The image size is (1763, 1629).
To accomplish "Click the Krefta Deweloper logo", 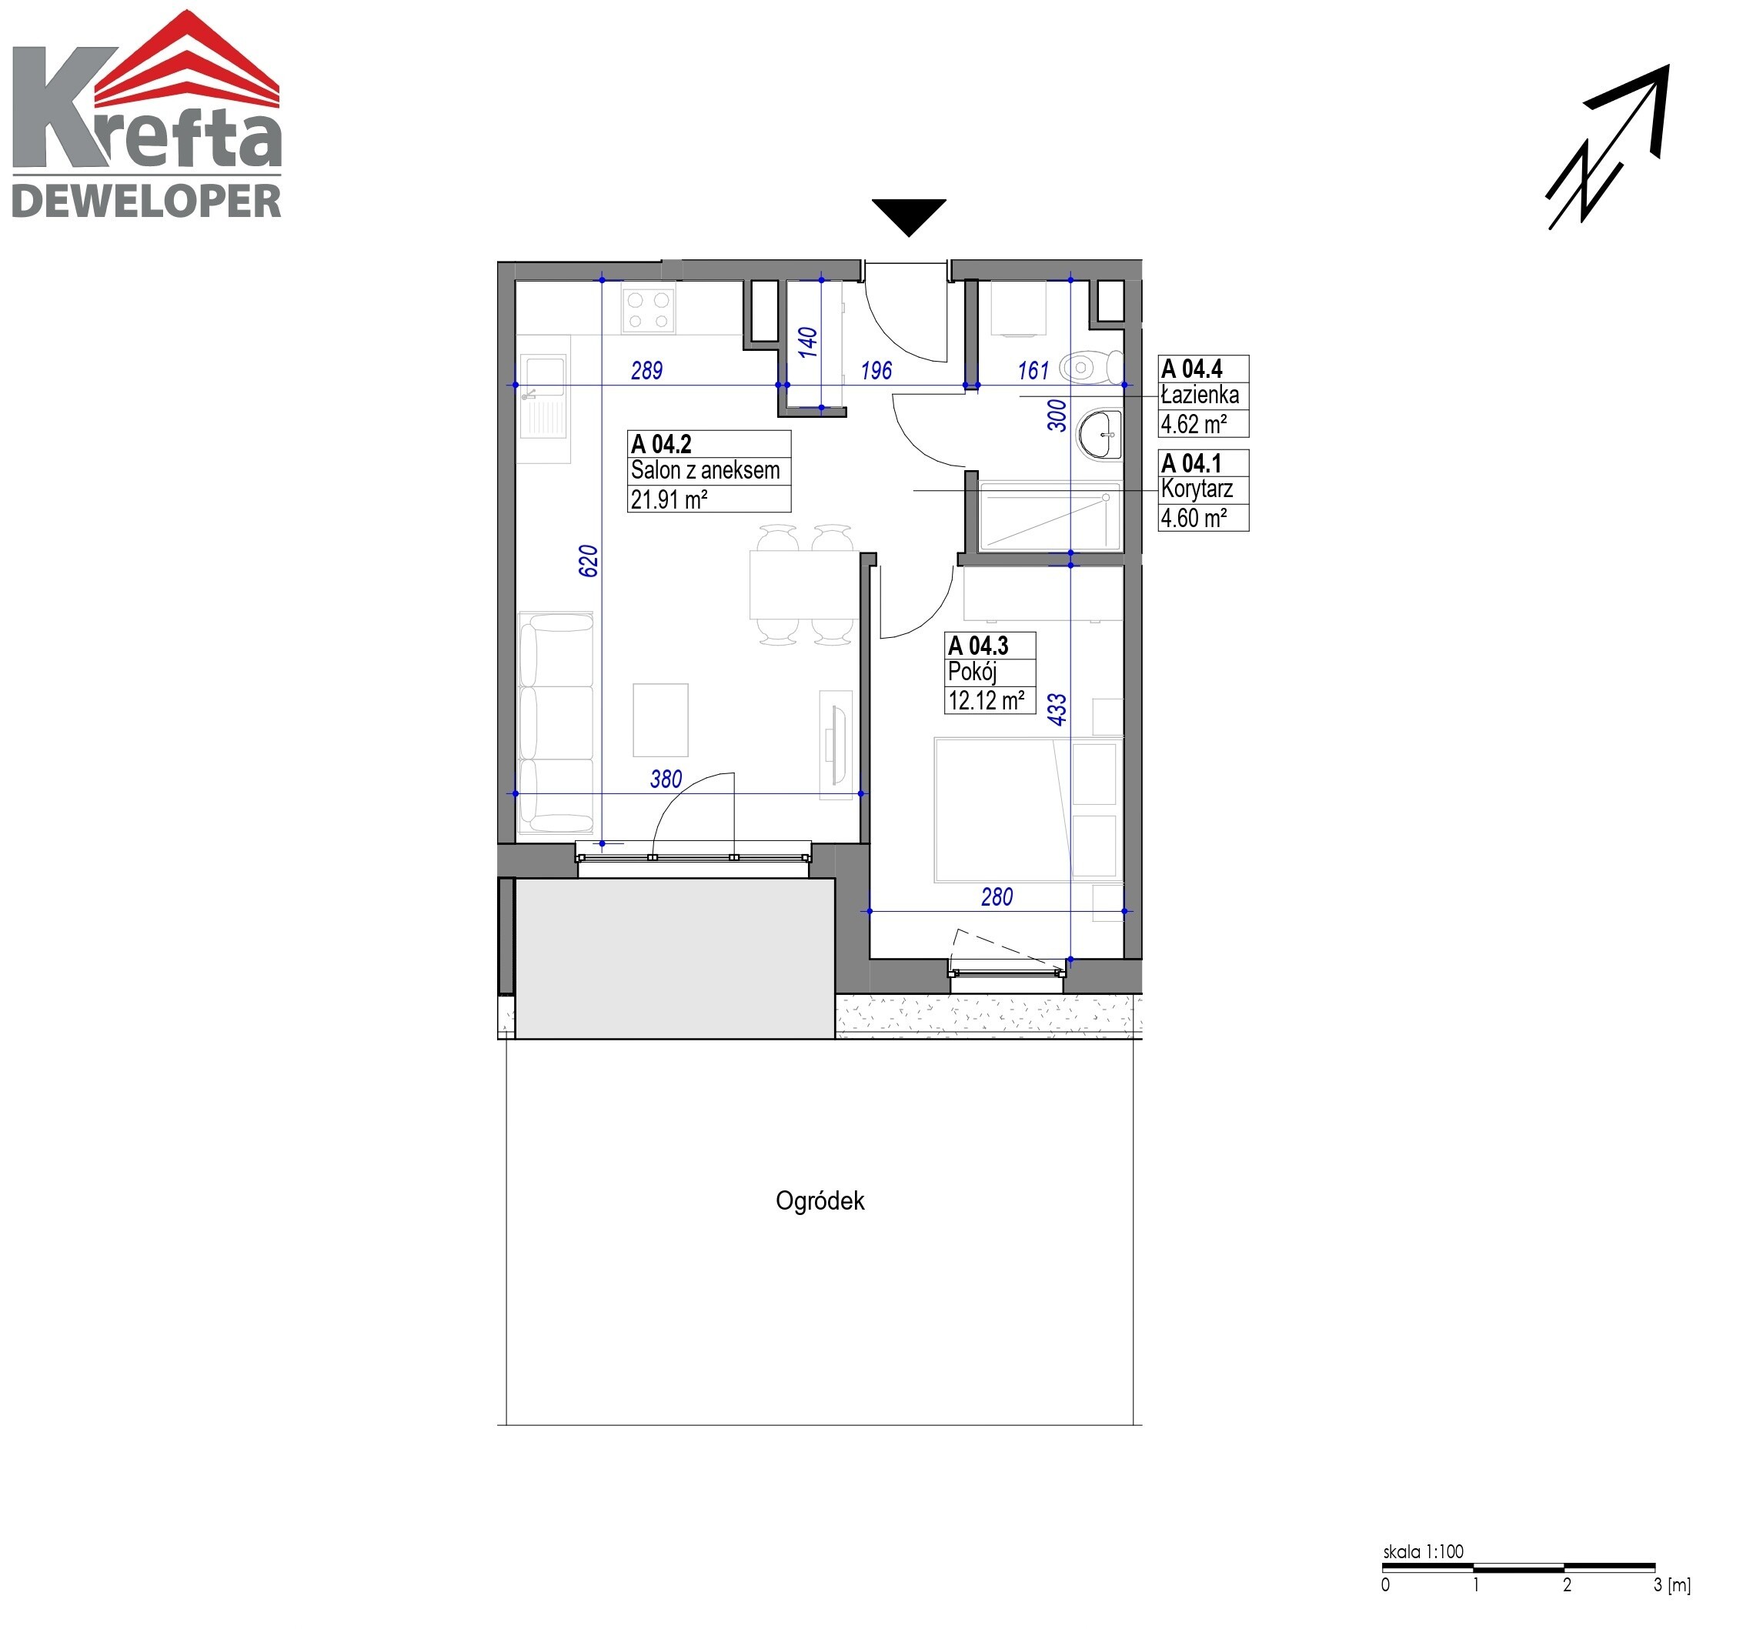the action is (x=146, y=115).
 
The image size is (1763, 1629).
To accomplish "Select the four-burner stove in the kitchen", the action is (x=648, y=310).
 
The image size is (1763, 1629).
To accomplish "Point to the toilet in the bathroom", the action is (x=1091, y=367).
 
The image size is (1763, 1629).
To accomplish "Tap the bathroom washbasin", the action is (x=1099, y=435).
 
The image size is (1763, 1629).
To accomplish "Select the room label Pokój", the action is (x=972, y=672).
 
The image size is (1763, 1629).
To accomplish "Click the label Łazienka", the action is (x=1200, y=395).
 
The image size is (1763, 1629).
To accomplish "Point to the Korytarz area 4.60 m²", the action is (x=1194, y=517).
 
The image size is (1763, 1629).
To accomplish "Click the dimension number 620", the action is (x=589, y=562).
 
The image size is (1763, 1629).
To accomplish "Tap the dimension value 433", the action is (x=1057, y=709).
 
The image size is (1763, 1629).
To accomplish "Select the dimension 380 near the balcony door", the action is (x=666, y=779).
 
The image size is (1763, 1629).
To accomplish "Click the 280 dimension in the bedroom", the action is (x=997, y=896).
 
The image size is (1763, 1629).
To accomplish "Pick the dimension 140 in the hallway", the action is (x=807, y=342).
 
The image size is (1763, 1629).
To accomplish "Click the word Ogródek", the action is (x=820, y=1200).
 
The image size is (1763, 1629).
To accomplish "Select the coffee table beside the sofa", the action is (x=660, y=720).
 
